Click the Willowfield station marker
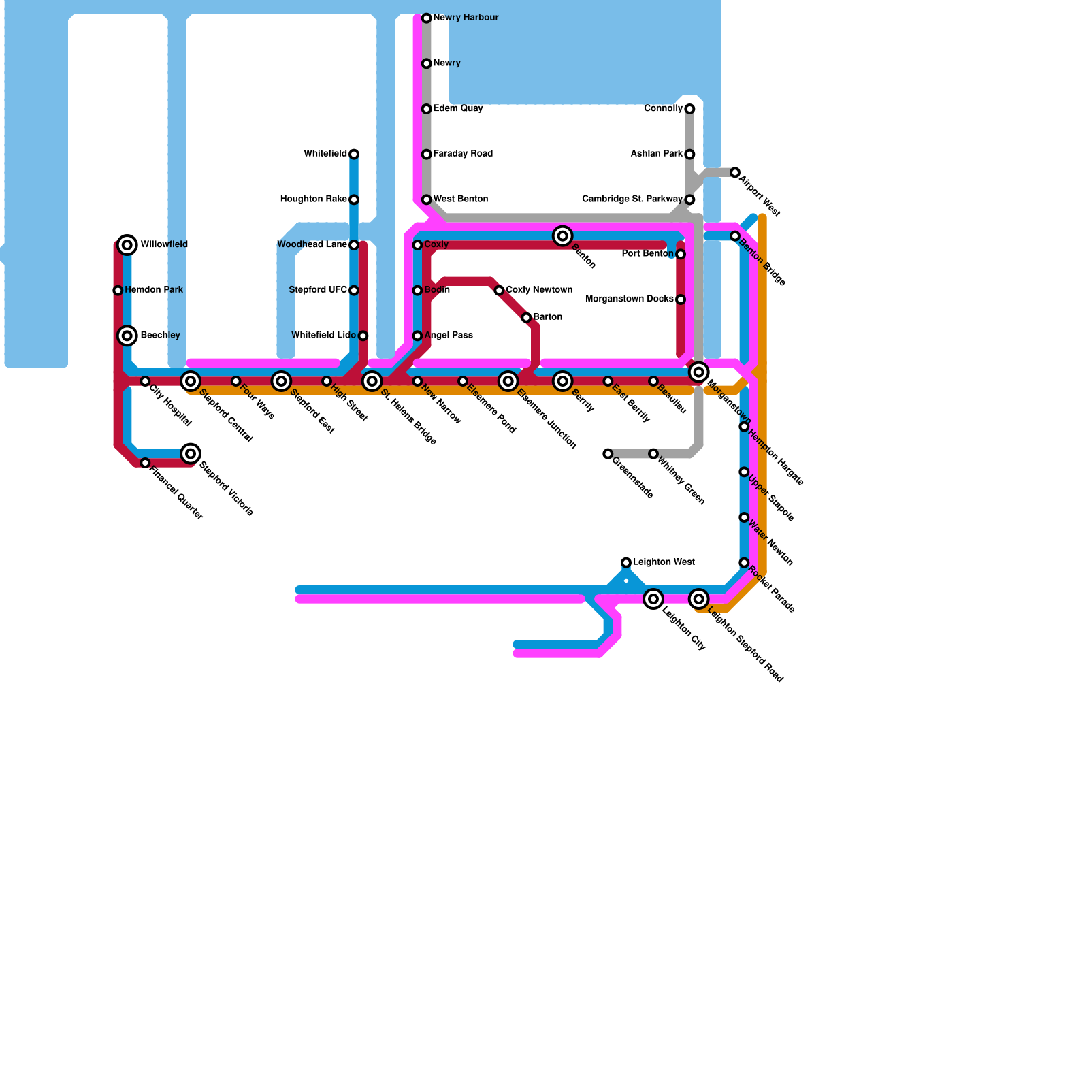127,245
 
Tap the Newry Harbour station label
466,18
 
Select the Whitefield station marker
354,155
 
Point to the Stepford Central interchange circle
191,381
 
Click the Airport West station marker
735,173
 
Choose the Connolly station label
663,109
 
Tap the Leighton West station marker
626,562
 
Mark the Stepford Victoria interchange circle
191,454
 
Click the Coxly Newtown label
539,290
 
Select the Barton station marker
526,318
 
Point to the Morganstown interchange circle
698,372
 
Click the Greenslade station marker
608,454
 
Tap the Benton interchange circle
562,236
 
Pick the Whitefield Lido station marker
363,336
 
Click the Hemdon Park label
154,290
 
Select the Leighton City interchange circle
653,599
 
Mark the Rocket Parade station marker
744,563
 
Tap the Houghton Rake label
313,199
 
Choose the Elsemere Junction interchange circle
508,381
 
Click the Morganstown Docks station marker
681,299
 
